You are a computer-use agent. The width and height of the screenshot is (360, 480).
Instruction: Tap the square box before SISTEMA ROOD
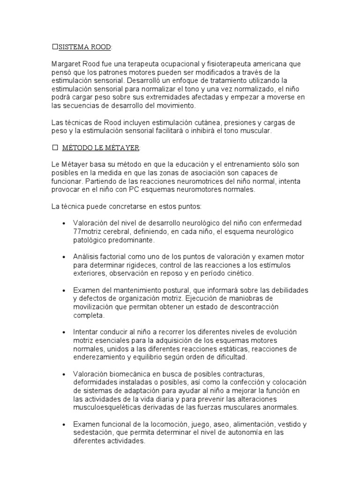[x=54, y=47]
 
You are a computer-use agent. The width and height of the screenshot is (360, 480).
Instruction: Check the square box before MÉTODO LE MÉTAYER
[x=54, y=148]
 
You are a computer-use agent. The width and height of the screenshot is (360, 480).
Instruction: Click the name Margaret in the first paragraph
[x=66, y=63]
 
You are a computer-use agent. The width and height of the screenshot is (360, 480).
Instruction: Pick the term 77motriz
[x=88, y=232]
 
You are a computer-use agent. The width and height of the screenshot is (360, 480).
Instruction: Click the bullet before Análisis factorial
[x=63, y=257]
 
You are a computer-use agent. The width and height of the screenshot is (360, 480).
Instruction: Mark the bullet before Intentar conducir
[x=63, y=332]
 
